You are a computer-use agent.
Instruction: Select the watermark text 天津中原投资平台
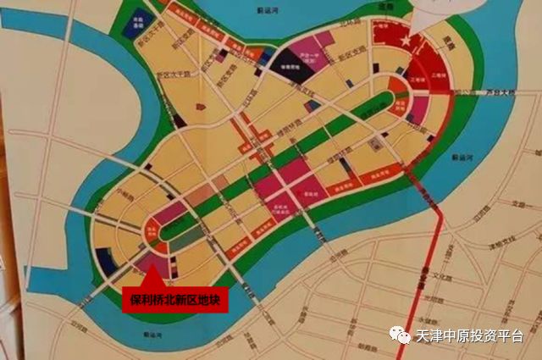[469, 336]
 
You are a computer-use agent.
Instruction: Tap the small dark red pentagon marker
[201, 108]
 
